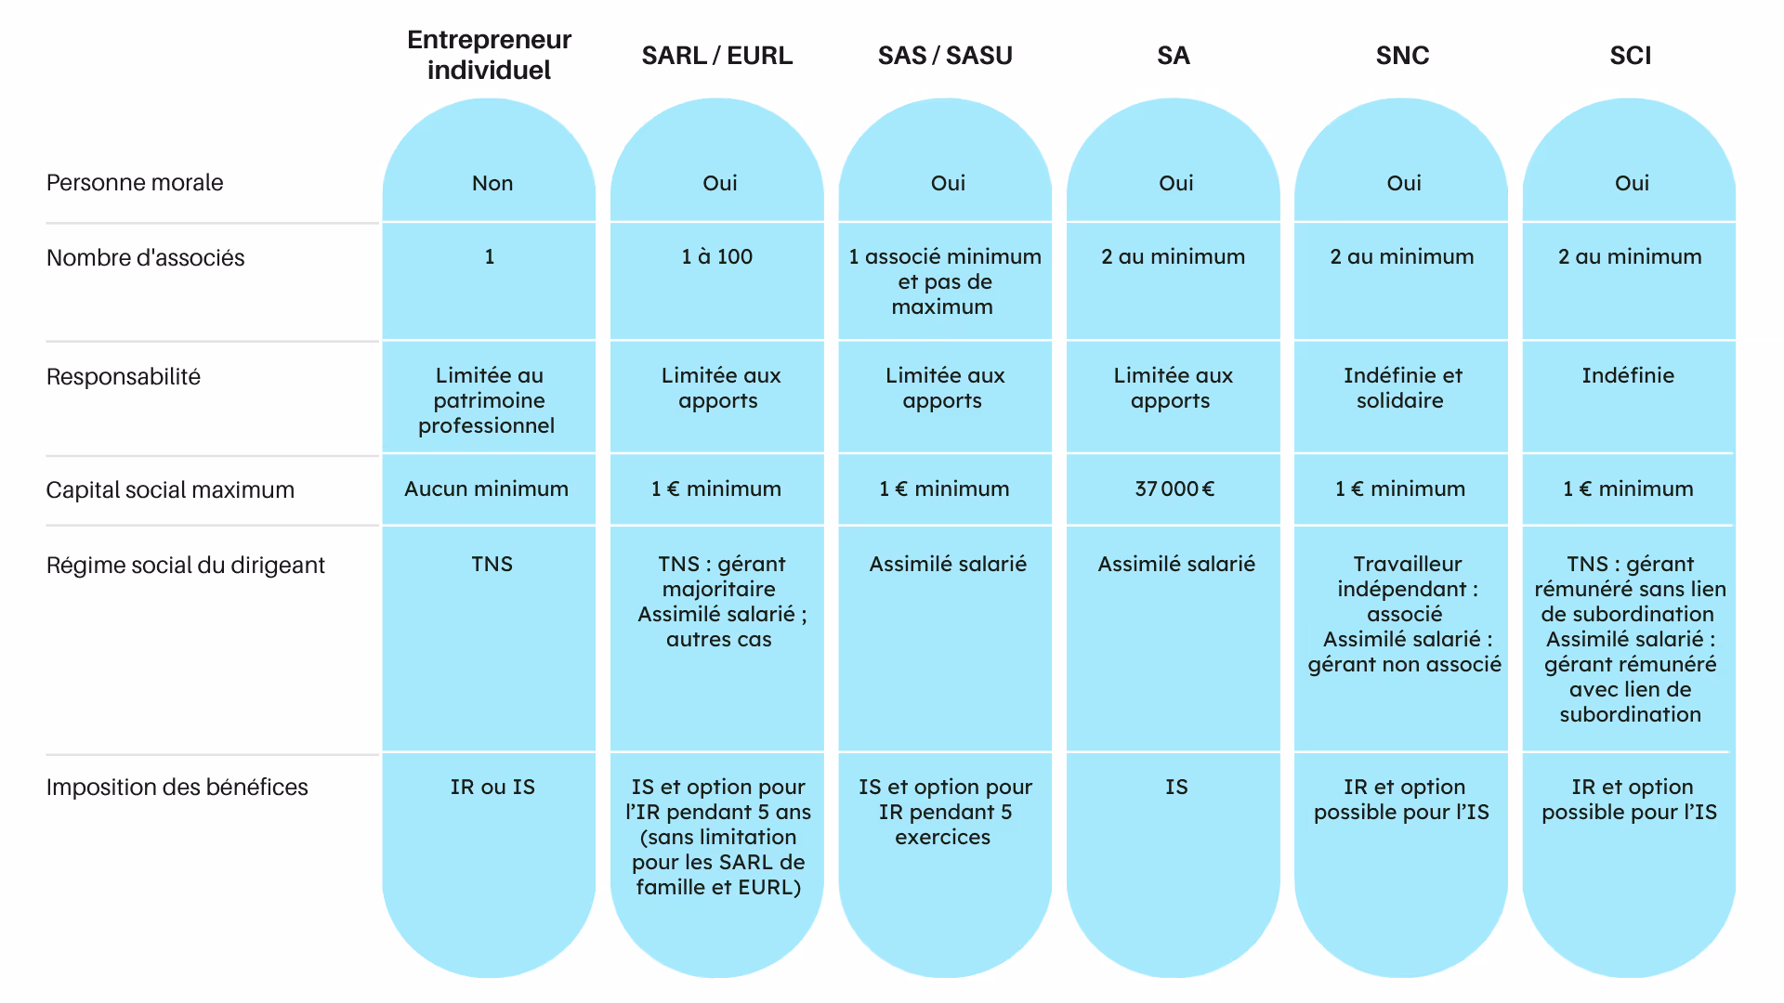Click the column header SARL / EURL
tap(716, 56)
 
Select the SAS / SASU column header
tap(945, 56)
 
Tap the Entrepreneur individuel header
tap(489, 55)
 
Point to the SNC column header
tap(1402, 56)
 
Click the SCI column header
tap(1630, 56)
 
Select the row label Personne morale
tap(135, 183)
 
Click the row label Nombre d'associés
tap(145, 258)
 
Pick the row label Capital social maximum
tap(170, 490)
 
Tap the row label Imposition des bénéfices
tap(177, 788)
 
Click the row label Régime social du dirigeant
tap(185, 566)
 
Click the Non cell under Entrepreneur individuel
tap(492, 184)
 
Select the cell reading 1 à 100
tap(716, 257)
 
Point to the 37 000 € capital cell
tap(1174, 489)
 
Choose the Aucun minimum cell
tap(486, 489)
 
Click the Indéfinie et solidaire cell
tap(1402, 388)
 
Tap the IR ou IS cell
tap(492, 788)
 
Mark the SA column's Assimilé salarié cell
tap(1175, 565)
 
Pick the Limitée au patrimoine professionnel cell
tap(487, 400)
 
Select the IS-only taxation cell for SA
tap(1175, 788)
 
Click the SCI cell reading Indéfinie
tap(1628, 376)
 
